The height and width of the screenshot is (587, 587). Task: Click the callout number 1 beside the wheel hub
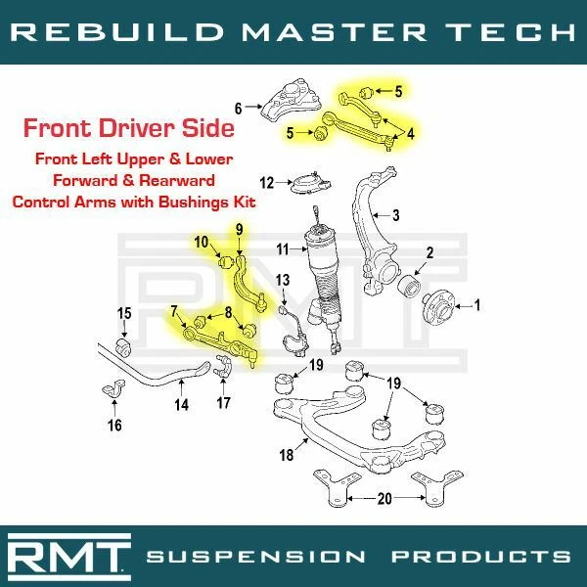tap(477, 306)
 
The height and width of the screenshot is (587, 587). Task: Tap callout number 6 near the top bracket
tap(237, 108)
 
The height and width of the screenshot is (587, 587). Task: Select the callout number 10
tap(200, 242)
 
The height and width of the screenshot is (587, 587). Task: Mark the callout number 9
tap(237, 230)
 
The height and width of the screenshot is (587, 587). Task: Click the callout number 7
tap(173, 311)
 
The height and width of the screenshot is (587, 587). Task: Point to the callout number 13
tap(283, 282)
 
